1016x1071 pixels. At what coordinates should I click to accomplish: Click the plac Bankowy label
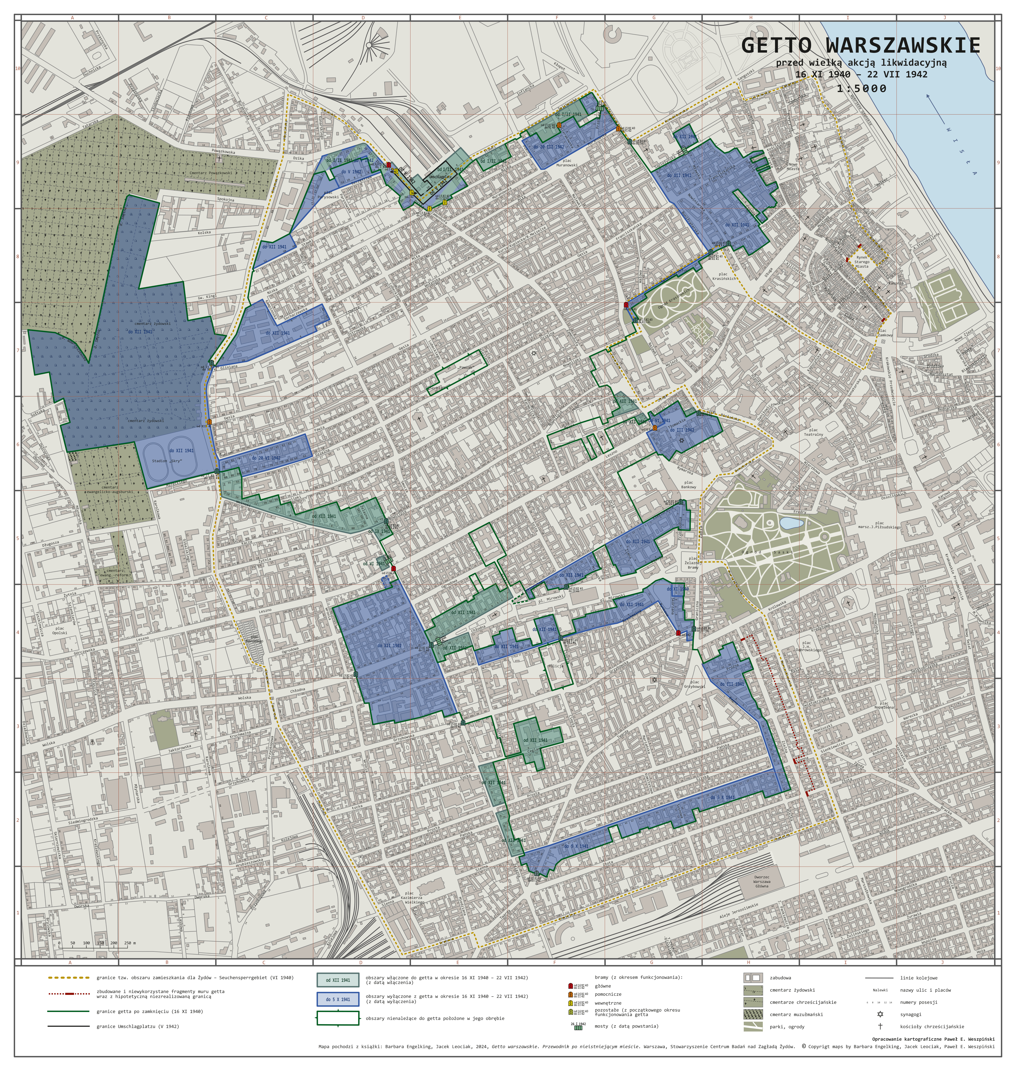coord(688,484)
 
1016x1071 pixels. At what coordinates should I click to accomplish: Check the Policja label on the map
coord(556,666)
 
